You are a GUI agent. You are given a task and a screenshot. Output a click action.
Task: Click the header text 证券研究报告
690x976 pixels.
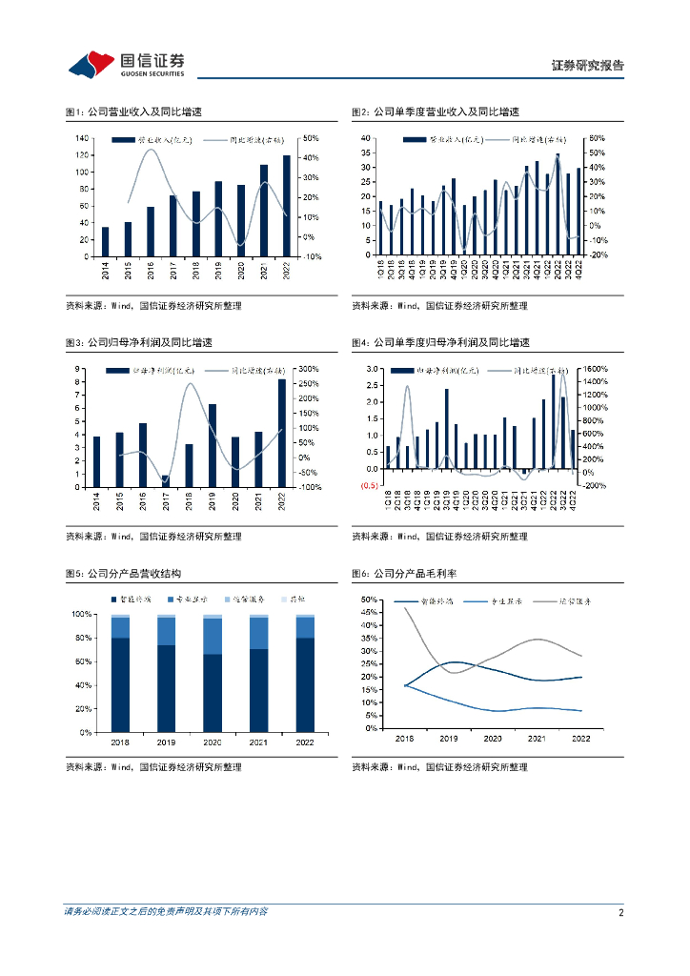click(x=588, y=66)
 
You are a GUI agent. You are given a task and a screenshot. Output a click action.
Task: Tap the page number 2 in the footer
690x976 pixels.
click(x=620, y=912)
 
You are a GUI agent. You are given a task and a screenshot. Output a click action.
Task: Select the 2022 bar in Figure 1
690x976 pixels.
click(x=287, y=205)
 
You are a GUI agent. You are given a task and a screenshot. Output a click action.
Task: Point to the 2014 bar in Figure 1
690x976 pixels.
click(x=105, y=241)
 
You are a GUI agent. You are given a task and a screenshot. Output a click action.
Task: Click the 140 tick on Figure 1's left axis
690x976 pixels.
click(x=84, y=138)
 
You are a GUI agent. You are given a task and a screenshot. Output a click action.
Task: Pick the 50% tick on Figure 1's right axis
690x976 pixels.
click(x=311, y=138)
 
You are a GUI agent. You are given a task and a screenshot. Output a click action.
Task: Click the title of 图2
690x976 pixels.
click(x=436, y=112)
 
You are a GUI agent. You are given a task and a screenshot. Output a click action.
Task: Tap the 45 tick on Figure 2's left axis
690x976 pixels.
click(x=365, y=138)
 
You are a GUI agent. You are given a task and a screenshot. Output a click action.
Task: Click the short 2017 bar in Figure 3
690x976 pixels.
click(x=165, y=480)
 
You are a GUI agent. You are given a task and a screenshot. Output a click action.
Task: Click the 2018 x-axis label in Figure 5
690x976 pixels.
click(x=120, y=741)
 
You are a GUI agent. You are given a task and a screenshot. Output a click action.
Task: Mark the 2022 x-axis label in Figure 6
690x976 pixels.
click(x=580, y=739)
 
